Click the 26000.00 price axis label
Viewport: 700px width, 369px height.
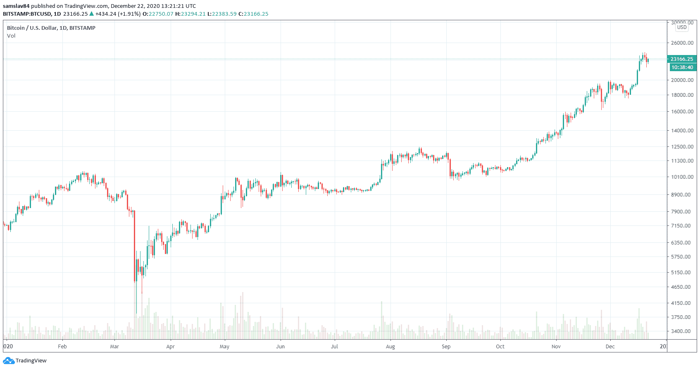click(682, 43)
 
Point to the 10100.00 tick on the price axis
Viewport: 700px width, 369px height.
click(682, 177)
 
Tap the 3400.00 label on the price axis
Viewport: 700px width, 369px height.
click(682, 331)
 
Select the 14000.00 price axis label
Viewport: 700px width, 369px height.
click(682, 131)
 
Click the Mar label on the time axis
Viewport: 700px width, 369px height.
click(114, 347)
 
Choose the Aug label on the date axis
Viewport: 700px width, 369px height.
click(390, 347)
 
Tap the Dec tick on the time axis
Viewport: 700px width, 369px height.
click(610, 347)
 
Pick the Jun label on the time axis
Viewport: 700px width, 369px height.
click(280, 347)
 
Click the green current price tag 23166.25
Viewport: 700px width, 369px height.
click(682, 59)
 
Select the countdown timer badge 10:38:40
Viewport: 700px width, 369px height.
click(682, 67)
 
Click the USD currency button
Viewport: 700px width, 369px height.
click(682, 27)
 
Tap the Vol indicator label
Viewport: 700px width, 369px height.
click(11, 36)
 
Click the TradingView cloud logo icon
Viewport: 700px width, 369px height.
click(9, 361)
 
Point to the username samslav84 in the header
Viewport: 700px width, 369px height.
click(16, 6)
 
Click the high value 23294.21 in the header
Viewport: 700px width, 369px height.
click(193, 14)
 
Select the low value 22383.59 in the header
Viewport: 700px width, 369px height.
click(224, 14)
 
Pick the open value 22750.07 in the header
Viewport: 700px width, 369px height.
click(161, 14)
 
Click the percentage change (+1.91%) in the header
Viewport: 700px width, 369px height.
click(129, 14)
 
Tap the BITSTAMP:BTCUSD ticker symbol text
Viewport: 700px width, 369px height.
click(27, 14)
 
